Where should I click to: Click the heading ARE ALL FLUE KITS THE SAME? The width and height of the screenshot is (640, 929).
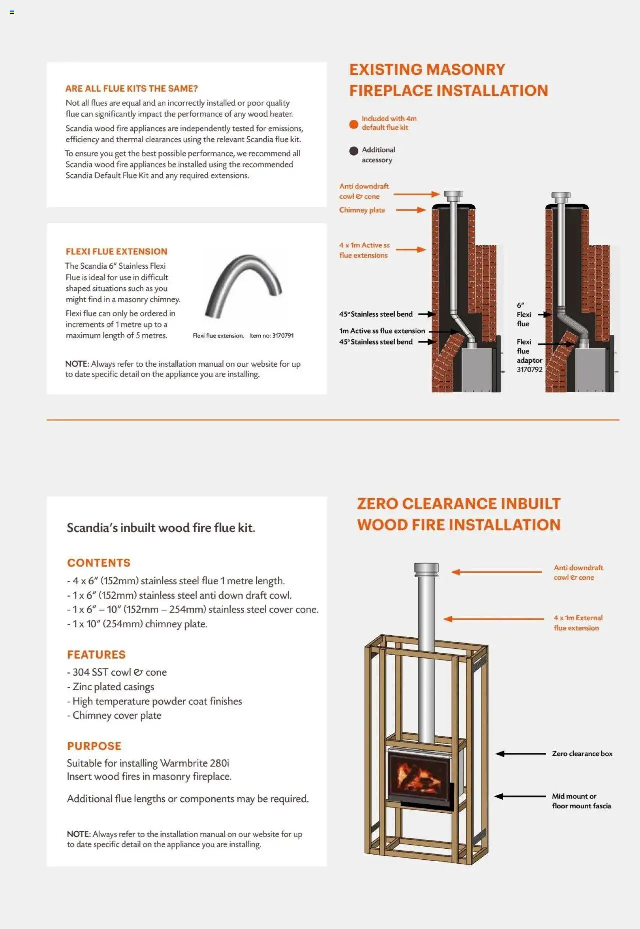tap(131, 89)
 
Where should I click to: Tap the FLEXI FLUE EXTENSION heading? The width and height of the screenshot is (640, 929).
tap(116, 252)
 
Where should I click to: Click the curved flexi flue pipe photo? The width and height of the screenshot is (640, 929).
tap(243, 285)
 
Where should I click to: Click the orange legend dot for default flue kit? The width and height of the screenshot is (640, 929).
tap(354, 124)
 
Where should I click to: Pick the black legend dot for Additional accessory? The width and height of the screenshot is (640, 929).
tap(354, 151)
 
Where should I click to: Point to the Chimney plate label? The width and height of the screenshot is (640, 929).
tap(362, 210)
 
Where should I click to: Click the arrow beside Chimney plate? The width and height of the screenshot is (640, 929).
tap(410, 210)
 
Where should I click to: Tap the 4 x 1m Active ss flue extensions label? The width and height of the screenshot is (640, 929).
tap(364, 250)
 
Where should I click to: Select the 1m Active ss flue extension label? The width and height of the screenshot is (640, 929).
tap(382, 331)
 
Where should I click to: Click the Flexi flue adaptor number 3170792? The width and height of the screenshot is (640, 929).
tap(529, 370)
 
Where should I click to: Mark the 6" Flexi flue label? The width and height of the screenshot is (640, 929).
tap(523, 314)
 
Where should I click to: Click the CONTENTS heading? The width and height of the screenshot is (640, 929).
tap(99, 563)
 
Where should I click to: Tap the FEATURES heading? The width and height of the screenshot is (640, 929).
tap(96, 655)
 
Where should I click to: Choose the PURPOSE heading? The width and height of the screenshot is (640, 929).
tap(94, 746)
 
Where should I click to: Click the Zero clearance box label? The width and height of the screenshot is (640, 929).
tap(582, 754)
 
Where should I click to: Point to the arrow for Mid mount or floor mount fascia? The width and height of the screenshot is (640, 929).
tap(520, 796)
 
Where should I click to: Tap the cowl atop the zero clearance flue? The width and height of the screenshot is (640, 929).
tap(426, 569)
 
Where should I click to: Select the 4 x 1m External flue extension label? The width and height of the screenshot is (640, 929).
tap(578, 623)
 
